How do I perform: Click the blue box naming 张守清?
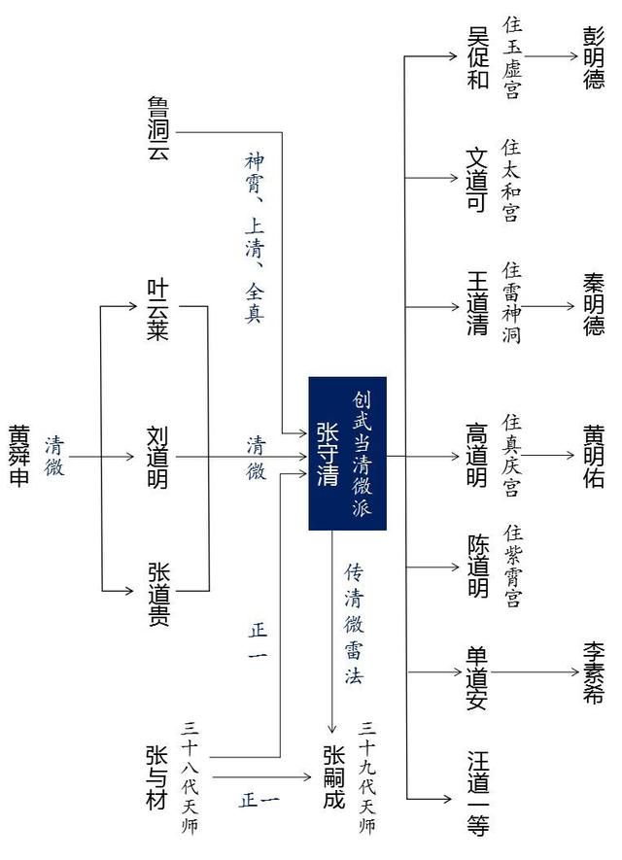point(347,453)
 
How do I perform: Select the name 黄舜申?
point(19,455)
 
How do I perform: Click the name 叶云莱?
point(157,310)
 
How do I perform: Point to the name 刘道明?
point(157,457)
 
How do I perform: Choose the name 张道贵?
point(158,594)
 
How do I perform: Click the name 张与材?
point(156,777)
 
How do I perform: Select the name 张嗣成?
point(333,777)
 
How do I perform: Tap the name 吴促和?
point(478,57)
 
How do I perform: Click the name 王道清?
point(477,303)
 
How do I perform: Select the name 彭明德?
point(594,58)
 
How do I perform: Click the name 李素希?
point(593,673)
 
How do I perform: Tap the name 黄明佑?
point(594,456)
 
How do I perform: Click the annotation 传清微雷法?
point(354,624)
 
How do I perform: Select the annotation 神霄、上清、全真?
point(255,238)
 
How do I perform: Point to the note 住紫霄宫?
point(513,566)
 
